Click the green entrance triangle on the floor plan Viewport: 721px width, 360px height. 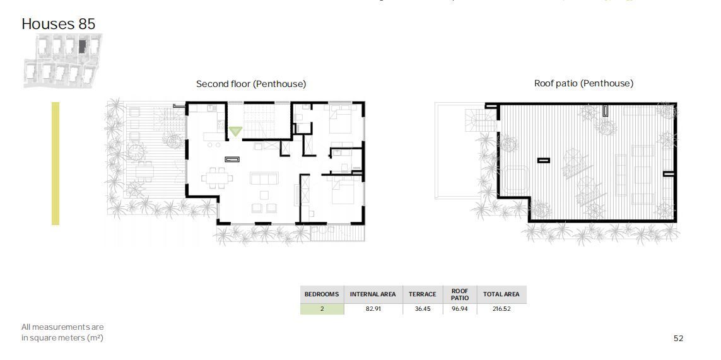pos(235,131)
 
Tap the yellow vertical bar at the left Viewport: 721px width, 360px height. pos(55,163)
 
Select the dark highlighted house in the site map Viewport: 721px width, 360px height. pos(82,46)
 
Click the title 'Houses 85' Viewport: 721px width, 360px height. pos(59,24)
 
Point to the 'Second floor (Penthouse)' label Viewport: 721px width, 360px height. pos(251,84)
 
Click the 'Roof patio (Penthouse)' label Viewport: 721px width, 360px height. pos(583,84)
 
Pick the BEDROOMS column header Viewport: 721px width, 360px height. pos(322,294)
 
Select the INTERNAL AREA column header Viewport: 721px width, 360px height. pos(373,294)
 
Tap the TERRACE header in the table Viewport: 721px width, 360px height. pos(423,294)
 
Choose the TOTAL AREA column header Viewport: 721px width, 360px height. pos(501,294)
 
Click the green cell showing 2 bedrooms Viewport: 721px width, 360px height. pos(322,309)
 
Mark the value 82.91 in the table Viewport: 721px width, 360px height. pos(373,309)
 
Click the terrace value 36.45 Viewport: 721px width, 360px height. pos(423,309)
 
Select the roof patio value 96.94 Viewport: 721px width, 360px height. pos(460,309)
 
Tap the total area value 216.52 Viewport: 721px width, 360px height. pos(501,309)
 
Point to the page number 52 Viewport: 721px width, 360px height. pos(678,339)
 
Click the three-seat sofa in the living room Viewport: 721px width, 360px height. pos(264,178)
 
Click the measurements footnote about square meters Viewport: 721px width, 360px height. pos(62,332)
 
